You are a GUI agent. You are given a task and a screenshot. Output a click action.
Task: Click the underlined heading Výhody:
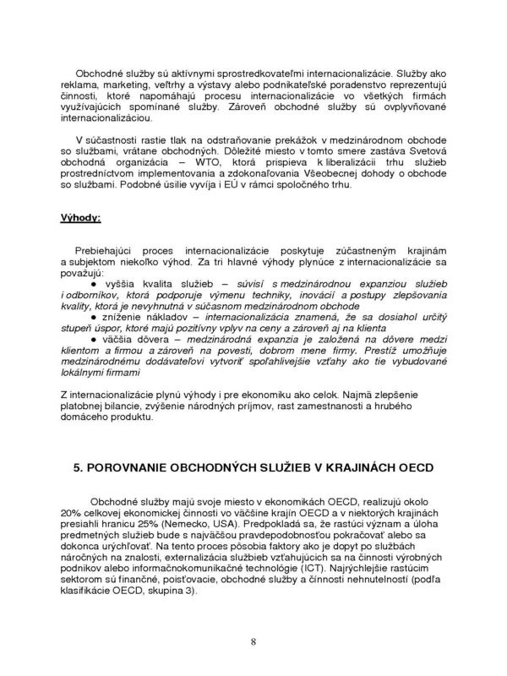[79, 217]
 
